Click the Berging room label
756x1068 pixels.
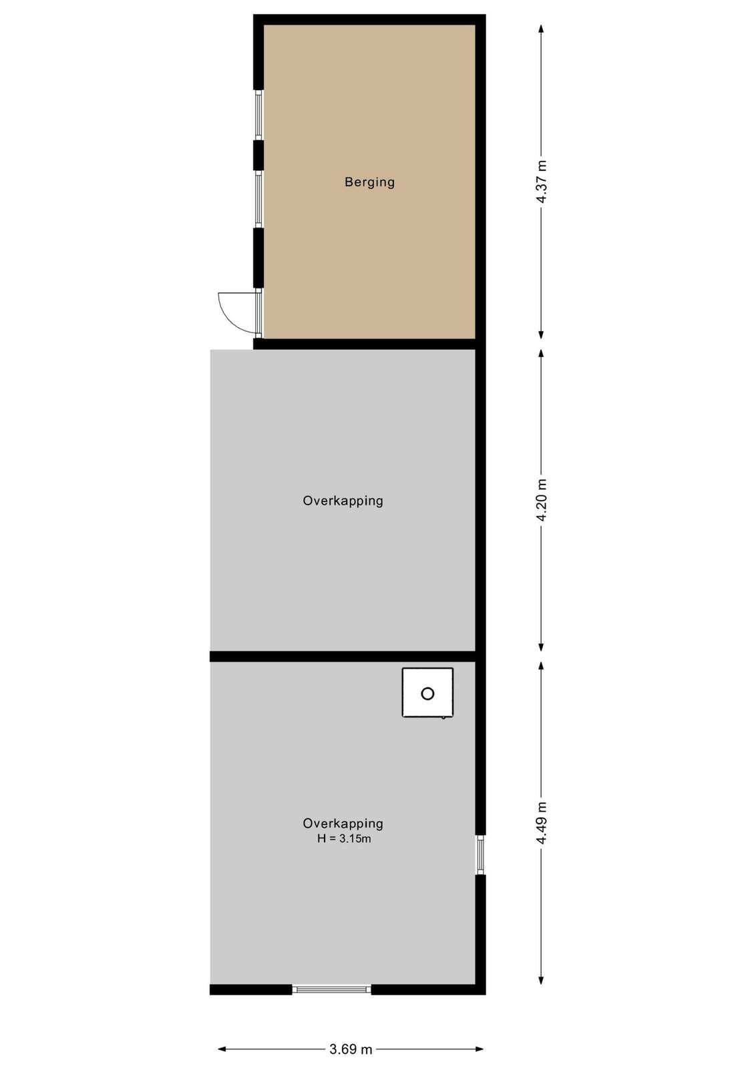pos(370,182)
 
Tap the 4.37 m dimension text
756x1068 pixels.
pos(542,182)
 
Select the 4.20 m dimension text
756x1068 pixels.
pos(542,500)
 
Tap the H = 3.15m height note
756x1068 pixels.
pos(344,838)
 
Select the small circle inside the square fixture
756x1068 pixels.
pos(427,694)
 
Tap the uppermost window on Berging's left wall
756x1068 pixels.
pos(258,115)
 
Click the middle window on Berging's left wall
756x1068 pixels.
pos(258,200)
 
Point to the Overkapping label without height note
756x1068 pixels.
pos(343,501)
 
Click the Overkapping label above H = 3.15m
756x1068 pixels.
pos(343,824)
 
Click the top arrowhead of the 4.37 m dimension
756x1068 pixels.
pos(541,29)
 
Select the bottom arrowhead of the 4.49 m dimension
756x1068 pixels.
pos(541,981)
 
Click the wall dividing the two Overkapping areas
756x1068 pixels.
pos(343,657)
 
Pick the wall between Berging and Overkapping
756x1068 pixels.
pos(365,344)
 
